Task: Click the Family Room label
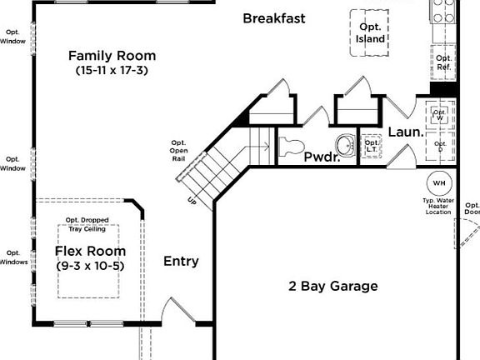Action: click(x=112, y=56)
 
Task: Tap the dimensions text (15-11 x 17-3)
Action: click(x=112, y=71)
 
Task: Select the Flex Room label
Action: click(x=91, y=251)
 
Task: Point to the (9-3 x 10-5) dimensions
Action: click(x=91, y=266)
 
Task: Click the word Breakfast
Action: click(x=274, y=18)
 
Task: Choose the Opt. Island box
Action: click(x=371, y=33)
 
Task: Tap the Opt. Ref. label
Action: click(x=443, y=62)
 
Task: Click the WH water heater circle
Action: click(x=437, y=183)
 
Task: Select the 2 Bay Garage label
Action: click(x=333, y=287)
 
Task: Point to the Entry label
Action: click(x=181, y=262)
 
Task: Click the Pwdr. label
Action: click(x=322, y=157)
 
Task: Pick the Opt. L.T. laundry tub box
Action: click(x=372, y=146)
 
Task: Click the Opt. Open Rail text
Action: click(x=178, y=150)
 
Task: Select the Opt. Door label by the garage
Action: click(x=472, y=208)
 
